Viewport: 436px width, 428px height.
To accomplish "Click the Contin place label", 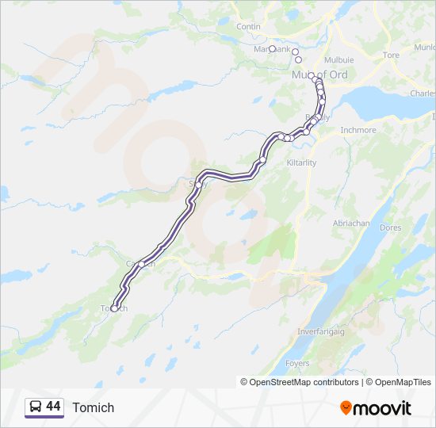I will (248, 26).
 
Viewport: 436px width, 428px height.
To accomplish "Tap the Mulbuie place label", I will (338, 59).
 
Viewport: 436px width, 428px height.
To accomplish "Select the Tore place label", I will (391, 55).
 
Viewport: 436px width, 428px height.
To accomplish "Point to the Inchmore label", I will (358, 130).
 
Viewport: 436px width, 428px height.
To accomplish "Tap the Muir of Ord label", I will (320, 75).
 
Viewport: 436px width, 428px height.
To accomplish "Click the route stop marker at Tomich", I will (114, 308).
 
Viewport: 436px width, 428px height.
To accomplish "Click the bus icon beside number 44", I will (35, 407).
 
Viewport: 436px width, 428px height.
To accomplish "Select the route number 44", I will (53, 407).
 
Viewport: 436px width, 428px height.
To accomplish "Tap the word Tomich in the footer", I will (94, 407).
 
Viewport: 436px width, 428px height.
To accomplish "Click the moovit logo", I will (376, 407).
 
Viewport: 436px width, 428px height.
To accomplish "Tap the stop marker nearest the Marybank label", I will (272, 48).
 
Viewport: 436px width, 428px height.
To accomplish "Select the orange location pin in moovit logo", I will (346, 407).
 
